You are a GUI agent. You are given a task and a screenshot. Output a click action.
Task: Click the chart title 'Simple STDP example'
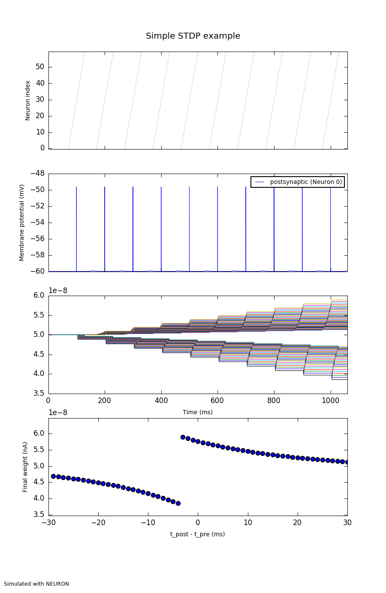[193, 36]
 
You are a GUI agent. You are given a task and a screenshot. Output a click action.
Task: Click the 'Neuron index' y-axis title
[28, 101]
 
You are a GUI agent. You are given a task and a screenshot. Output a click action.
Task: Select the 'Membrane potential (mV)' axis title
[22, 223]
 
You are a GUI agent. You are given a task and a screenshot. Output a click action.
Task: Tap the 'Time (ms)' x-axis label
[198, 412]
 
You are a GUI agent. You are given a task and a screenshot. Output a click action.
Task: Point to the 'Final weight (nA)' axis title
[25, 467]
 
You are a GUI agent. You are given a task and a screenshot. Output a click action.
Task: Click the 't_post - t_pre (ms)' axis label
[198, 534]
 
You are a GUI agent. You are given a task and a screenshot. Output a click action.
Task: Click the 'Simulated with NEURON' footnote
[36, 584]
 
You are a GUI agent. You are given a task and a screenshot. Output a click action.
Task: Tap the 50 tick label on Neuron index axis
[40, 67]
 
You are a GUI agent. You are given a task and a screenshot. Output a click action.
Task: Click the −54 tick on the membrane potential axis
[37, 223]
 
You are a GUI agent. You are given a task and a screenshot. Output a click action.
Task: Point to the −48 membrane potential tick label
[37, 174]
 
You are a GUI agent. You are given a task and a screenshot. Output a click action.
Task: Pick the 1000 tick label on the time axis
[331, 400]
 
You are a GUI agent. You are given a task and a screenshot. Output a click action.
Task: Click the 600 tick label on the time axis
[217, 400]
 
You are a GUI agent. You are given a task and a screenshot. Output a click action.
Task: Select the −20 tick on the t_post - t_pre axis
[98, 523]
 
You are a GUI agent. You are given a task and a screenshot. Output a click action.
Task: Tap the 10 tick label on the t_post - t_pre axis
[248, 523]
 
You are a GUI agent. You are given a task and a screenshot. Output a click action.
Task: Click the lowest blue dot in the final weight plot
[178, 503]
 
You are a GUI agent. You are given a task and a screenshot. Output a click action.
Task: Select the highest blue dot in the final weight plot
[183, 437]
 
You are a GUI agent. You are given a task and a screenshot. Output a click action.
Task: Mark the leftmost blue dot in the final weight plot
[53, 476]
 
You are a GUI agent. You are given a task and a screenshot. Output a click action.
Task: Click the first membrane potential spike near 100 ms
[77, 229]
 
